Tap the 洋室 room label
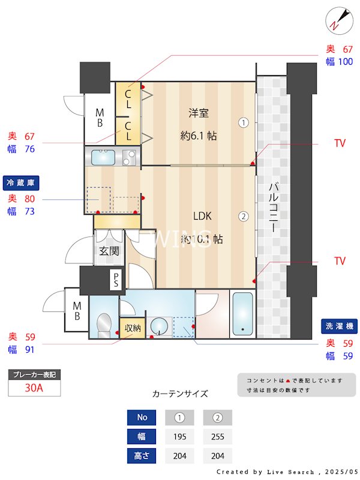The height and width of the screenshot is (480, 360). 199,112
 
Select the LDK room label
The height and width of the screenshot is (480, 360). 202,216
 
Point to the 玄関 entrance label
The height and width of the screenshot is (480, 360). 109,251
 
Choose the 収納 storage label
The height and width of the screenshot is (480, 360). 133,328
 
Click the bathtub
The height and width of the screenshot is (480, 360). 243,315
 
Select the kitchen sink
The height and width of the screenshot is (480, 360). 103,158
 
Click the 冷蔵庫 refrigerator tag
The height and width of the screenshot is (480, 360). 21,182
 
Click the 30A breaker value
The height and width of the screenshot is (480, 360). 34,388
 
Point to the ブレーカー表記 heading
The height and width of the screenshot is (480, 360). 34,374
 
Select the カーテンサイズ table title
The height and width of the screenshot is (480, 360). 180,394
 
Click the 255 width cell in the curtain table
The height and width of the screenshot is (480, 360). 217,437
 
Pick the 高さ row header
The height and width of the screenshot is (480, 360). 142,456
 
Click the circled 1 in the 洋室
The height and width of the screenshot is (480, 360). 243,123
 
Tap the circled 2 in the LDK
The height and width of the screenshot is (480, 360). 243,217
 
